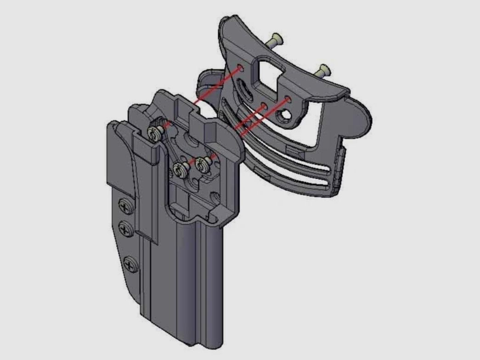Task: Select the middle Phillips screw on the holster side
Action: pyautogui.click(x=126, y=227)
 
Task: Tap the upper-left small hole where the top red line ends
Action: pyautogui.click(x=241, y=69)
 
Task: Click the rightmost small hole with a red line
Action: pyautogui.click(x=288, y=99)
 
